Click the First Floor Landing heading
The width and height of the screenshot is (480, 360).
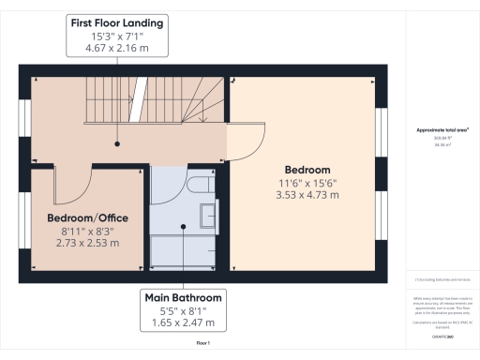[116, 22]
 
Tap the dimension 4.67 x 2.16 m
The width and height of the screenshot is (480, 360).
[116, 48]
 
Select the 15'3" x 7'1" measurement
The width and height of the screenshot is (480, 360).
[116, 35]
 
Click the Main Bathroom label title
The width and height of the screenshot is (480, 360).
[183, 297]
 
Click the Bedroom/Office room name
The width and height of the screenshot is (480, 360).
[88, 217]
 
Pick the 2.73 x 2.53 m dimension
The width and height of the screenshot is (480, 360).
[88, 243]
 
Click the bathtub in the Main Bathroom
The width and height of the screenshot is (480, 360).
[184, 247]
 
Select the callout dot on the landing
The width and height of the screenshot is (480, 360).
[117, 143]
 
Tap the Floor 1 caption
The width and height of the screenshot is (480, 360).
[202, 344]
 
